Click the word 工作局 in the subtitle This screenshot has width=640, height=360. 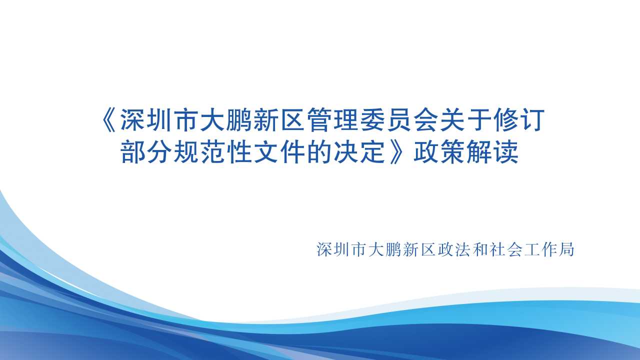(548, 249)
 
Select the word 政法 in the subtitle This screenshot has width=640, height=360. (453, 249)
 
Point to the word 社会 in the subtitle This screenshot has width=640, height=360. (505, 249)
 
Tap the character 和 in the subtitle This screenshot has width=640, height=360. (479, 249)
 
